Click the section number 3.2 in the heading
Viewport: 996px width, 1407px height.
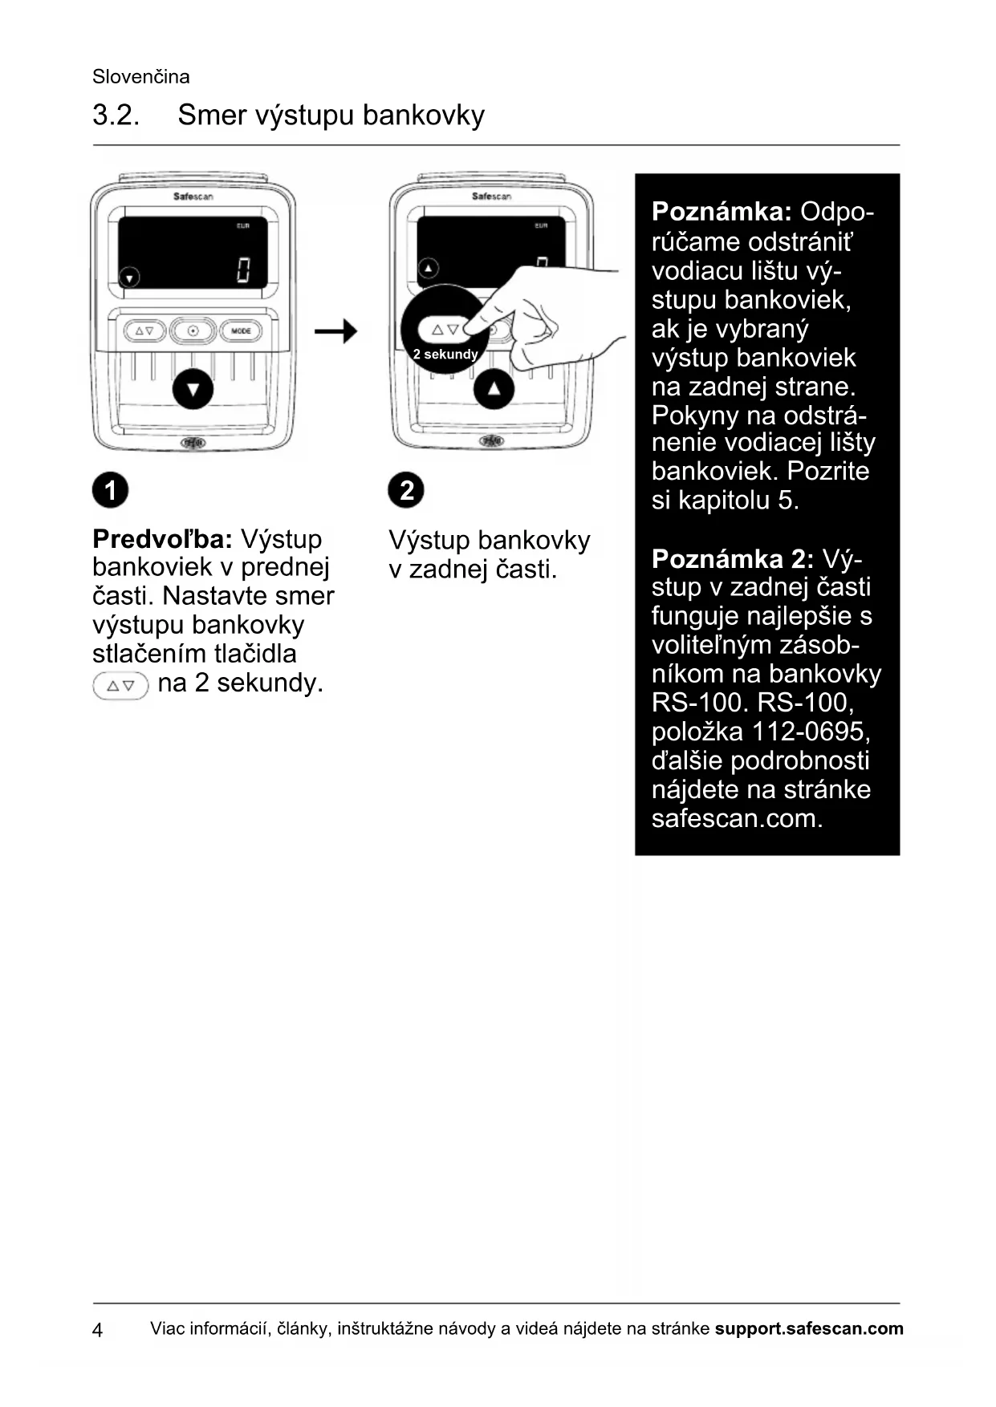point(116,116)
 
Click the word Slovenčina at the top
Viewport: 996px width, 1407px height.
point(141,77)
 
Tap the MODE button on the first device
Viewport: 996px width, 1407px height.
point(241,330)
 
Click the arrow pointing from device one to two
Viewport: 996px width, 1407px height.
point(335,330)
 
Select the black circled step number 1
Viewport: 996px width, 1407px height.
point(110,490)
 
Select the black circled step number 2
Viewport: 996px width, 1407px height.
point(406,490)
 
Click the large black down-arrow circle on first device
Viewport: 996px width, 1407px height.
point(193,390)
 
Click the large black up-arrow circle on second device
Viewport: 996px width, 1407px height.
point(494,390)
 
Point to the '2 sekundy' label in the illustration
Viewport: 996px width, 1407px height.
point(445,355)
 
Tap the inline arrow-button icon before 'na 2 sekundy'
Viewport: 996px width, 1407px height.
point(120,686)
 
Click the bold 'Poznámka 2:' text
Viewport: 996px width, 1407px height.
point(732,558)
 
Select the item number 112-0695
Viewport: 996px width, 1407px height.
point(811,732)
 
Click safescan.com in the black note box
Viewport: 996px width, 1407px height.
point(737,818)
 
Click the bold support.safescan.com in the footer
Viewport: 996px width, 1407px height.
point(809,1328)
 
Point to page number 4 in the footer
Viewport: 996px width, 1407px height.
point(98,1330)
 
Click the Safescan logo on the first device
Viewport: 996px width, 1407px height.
point(193,197)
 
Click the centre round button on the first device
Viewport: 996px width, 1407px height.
point(193,330)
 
